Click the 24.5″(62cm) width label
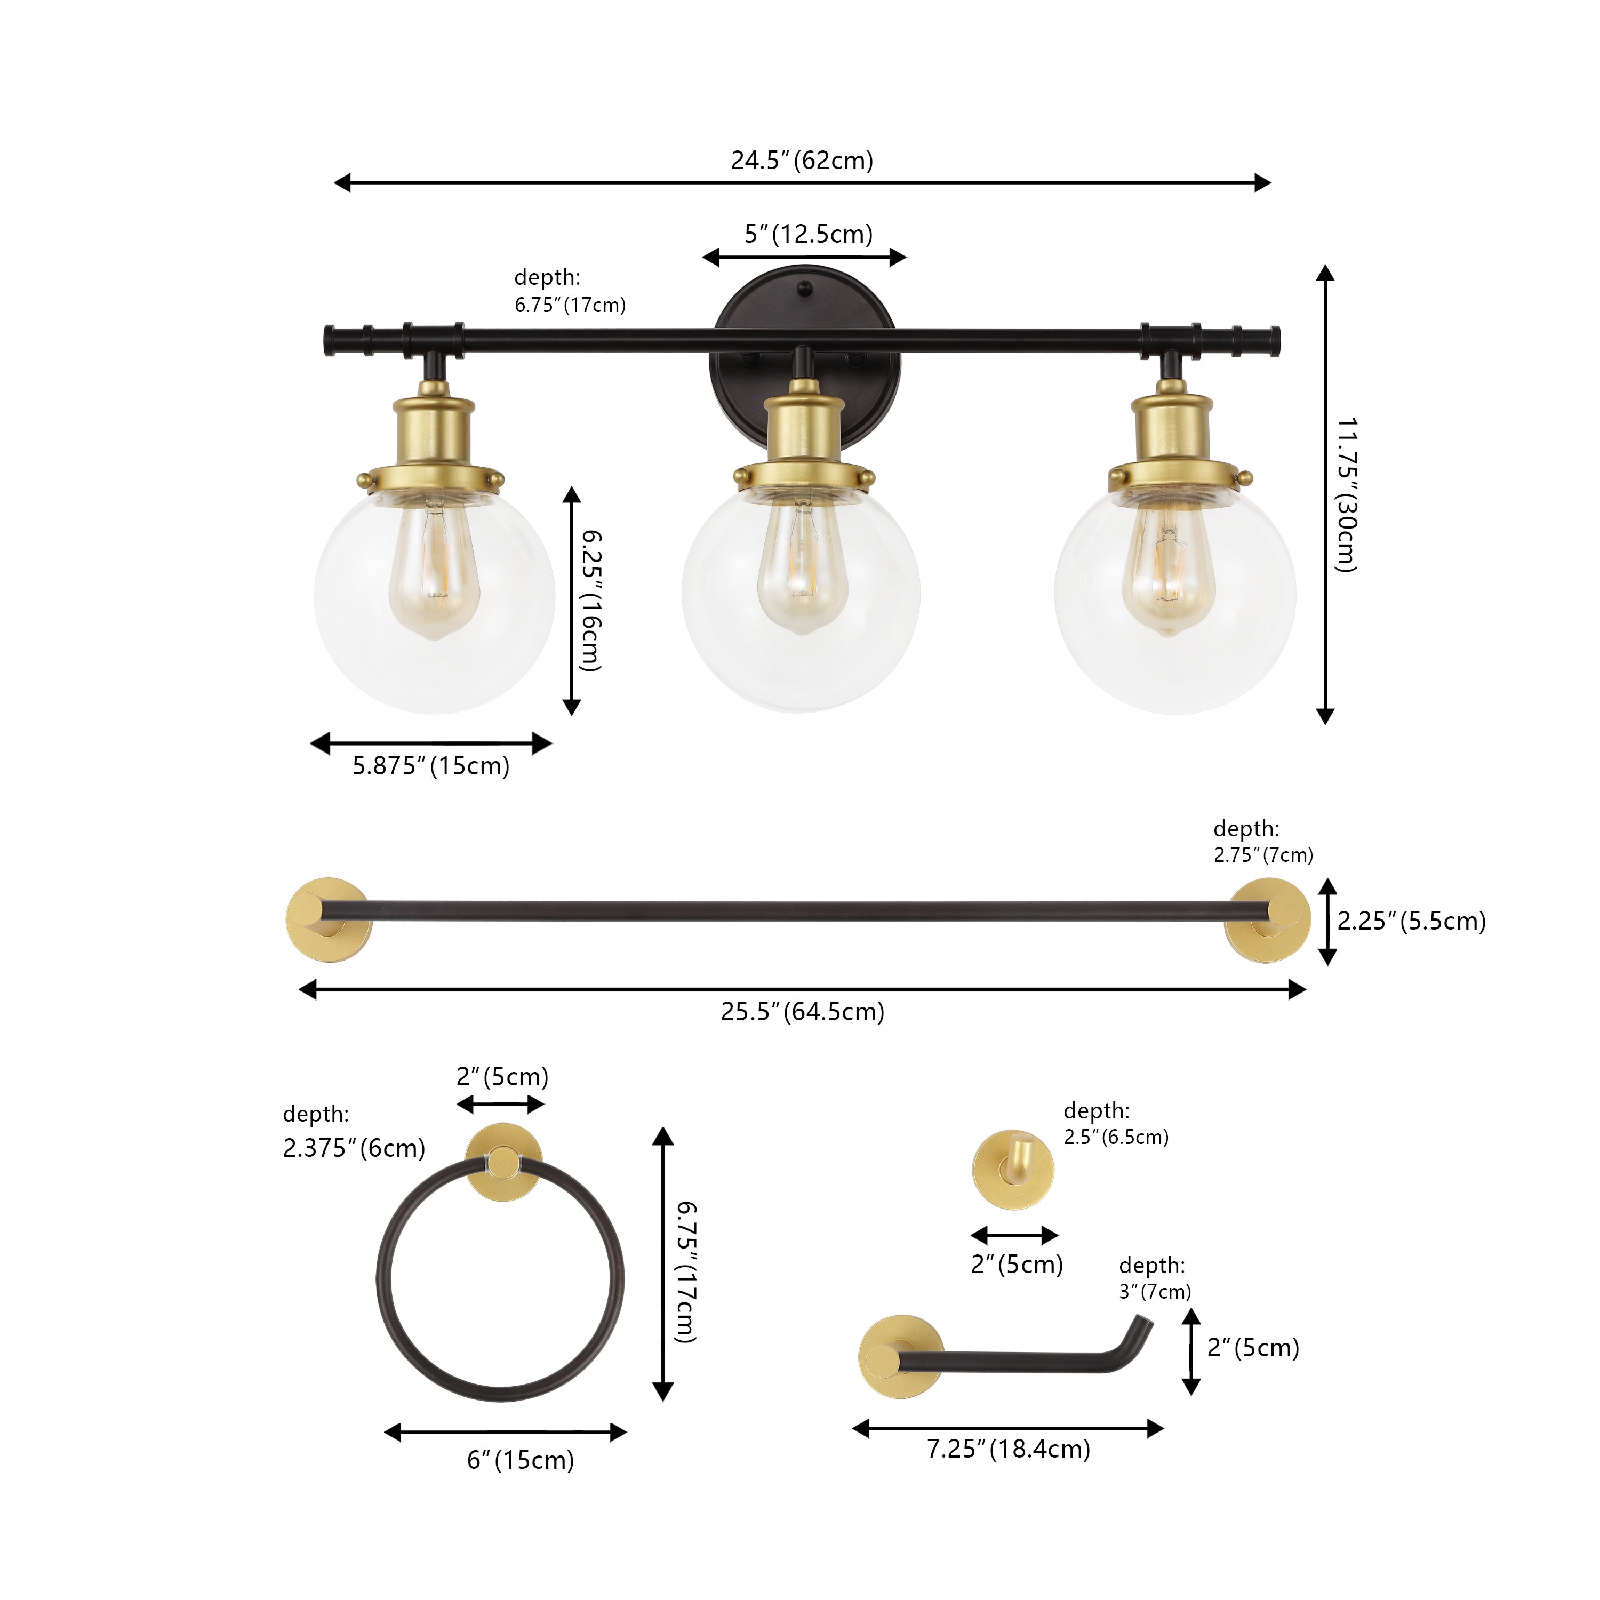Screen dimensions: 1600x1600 click(802, 160)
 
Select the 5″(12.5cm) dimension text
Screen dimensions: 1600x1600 click(809, 234)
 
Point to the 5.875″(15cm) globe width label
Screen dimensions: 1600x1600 click(430, 765)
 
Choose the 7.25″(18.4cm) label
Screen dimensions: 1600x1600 click(1008, 1449)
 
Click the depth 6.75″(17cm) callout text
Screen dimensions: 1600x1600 click(570, 291)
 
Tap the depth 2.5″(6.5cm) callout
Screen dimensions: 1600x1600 click(1116, 1124)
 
